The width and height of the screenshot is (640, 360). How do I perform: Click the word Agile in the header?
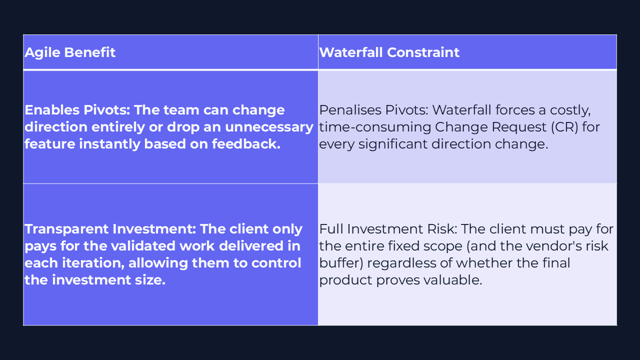[42, 53]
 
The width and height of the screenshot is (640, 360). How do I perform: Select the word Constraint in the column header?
[423, 52]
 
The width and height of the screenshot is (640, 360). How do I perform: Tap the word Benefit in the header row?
[89, 52]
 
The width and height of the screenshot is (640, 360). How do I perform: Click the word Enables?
[52, 110]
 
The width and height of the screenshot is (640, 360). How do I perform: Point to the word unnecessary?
[269, 127]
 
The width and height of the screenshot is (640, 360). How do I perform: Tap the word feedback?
[246, 143]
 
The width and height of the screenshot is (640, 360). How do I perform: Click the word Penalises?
[350, 110]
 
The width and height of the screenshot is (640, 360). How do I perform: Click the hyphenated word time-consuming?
[375, 127]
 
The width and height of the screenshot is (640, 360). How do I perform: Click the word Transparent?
[66, 229]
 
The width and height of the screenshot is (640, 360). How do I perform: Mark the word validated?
[143, 246]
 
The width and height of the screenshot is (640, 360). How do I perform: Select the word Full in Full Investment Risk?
[331, 229]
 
